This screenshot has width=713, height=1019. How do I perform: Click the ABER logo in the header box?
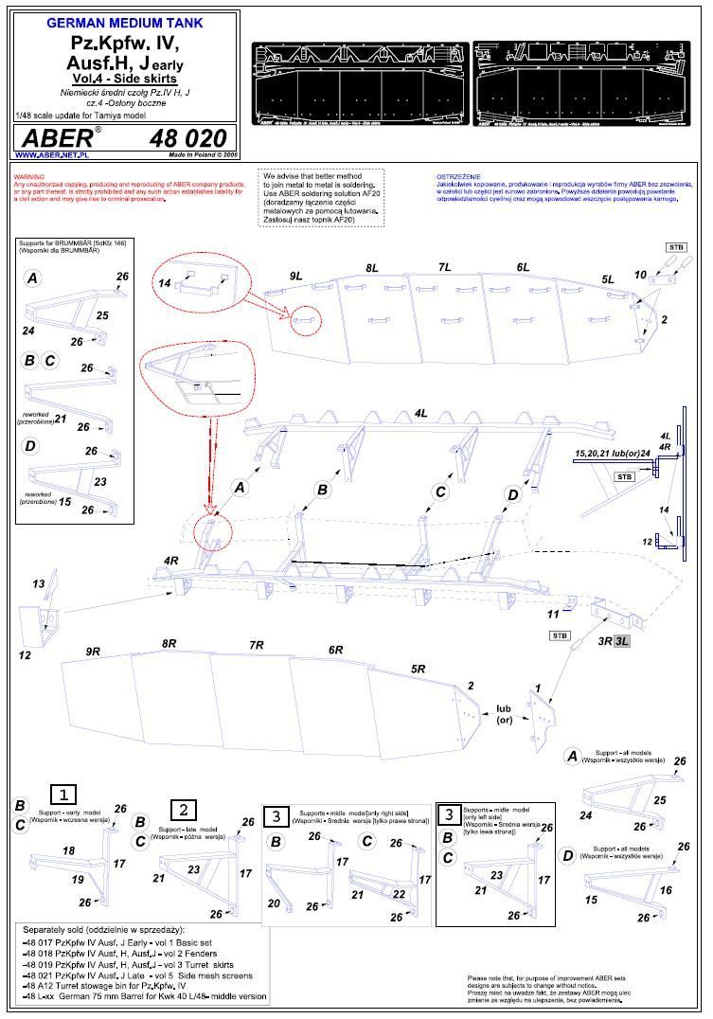click(57, 137)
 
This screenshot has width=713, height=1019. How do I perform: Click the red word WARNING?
click(29, 177)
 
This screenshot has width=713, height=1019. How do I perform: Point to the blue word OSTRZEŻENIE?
click(458, 177)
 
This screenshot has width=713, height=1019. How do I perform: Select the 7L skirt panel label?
click(445, 268)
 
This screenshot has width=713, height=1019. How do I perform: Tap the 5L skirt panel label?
click(608, 278)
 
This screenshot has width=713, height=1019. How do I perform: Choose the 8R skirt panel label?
click(169, 643)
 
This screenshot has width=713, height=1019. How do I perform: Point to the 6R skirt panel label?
click(335, 650)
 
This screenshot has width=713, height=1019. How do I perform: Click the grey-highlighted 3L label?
click(622, 641)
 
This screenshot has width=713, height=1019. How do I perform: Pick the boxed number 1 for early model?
click(62, 794)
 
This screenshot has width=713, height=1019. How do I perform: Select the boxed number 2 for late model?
click(183, 810)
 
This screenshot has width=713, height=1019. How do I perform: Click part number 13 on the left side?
click(39, 583)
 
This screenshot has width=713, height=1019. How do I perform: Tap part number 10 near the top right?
click(640, 275)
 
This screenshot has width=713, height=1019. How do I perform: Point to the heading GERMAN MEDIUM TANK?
click(124, 20)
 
